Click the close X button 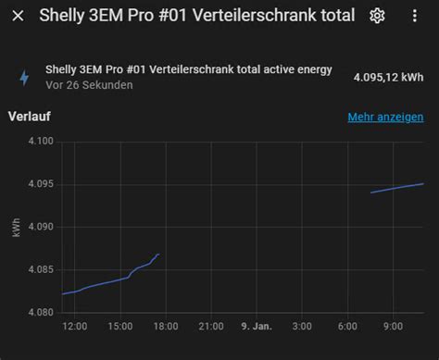point(18,16)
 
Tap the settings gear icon point(377,16)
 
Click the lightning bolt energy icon point(24,78)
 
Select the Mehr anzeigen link point(385,118)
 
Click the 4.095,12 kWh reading point(388,78)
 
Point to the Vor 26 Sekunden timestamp point(89,85)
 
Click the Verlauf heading point(29,118)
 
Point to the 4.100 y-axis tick point(40,142)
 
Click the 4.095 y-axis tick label point(40,184)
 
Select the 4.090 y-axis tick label point(40,227)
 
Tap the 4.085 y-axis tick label point(40,269)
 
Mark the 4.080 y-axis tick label point(40,312)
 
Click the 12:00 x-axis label point(74,327)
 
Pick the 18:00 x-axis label point(165,327)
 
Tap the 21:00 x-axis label point(210,327)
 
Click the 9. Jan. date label point(256,327)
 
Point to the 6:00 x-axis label point(348,327)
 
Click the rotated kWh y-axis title point(17,228)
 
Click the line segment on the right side point(396,188)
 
